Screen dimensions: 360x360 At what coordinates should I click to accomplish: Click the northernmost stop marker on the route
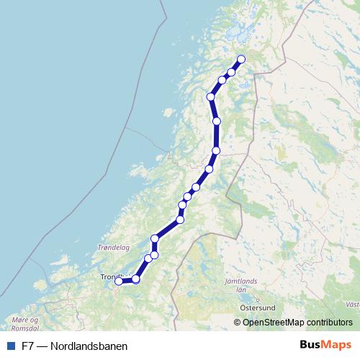241,59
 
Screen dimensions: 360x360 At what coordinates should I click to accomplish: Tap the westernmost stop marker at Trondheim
119,282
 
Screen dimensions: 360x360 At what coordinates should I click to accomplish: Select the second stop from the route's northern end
232,72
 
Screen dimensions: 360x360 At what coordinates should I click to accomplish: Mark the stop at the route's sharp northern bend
211,96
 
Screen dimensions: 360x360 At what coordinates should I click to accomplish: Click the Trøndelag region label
113,247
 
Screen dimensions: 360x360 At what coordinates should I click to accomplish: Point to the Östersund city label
256,305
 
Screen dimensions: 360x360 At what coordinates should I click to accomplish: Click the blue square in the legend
10,346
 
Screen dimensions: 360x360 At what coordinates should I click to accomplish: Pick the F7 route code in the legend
28,346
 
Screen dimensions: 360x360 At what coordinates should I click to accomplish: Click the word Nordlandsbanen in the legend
90,346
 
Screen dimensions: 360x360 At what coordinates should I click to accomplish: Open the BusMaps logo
325,345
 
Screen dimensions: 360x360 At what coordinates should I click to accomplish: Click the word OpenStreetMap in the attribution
275,323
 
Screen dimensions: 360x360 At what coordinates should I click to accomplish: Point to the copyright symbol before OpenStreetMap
237,323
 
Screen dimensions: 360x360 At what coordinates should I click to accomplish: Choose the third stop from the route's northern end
222,80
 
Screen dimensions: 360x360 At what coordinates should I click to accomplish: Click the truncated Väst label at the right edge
353,305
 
